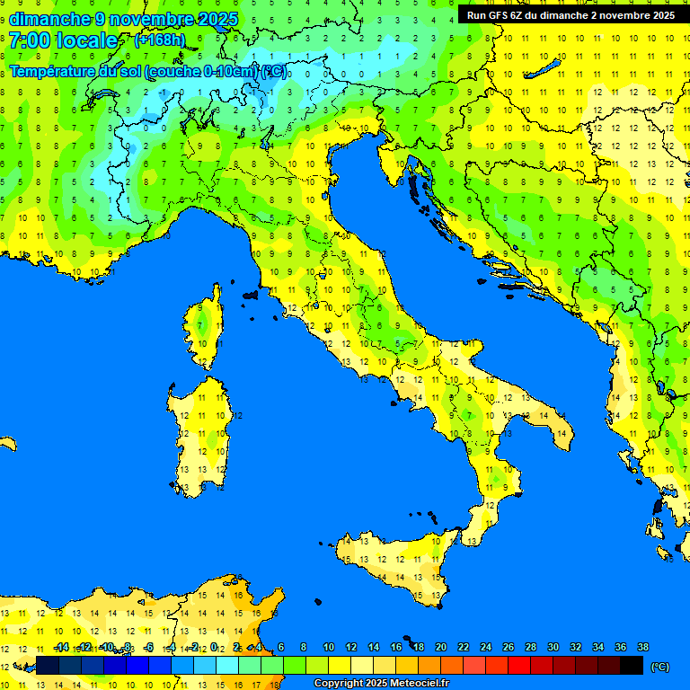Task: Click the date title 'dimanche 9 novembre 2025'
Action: point(124,19)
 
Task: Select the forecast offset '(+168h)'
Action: point(159,40)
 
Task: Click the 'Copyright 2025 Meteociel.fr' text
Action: point(381,683)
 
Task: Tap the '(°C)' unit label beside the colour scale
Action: point(659,666)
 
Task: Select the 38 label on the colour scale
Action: point(642,647)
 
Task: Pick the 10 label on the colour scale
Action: point(329,647)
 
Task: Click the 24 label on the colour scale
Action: point(486,647)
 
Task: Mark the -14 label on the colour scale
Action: point(61,647)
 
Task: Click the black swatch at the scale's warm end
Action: point(632,666)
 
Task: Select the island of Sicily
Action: point(395,566)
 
